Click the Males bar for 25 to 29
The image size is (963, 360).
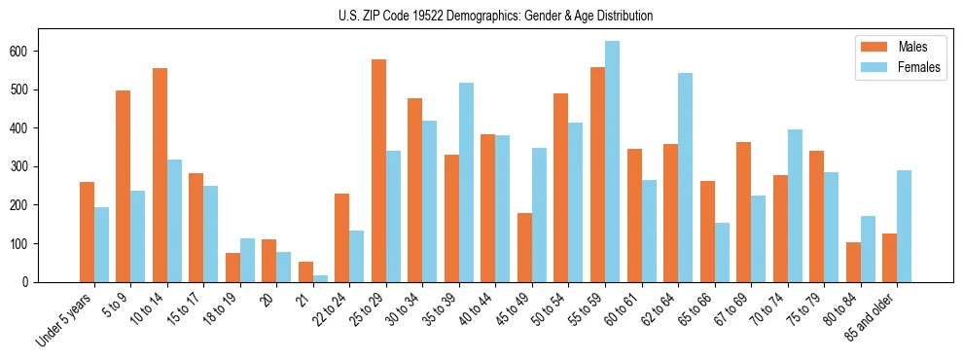[x=378, y=170]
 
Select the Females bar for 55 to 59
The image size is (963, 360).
[x=612, y=162]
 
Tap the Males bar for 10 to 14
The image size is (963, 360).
[x=160, y=175]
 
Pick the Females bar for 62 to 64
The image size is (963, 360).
[x=685, y=177]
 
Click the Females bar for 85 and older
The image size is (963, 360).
[x=904, y=226]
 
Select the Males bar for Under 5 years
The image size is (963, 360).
[x=87, y=232]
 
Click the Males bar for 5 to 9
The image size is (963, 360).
[x=124, y=186]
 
